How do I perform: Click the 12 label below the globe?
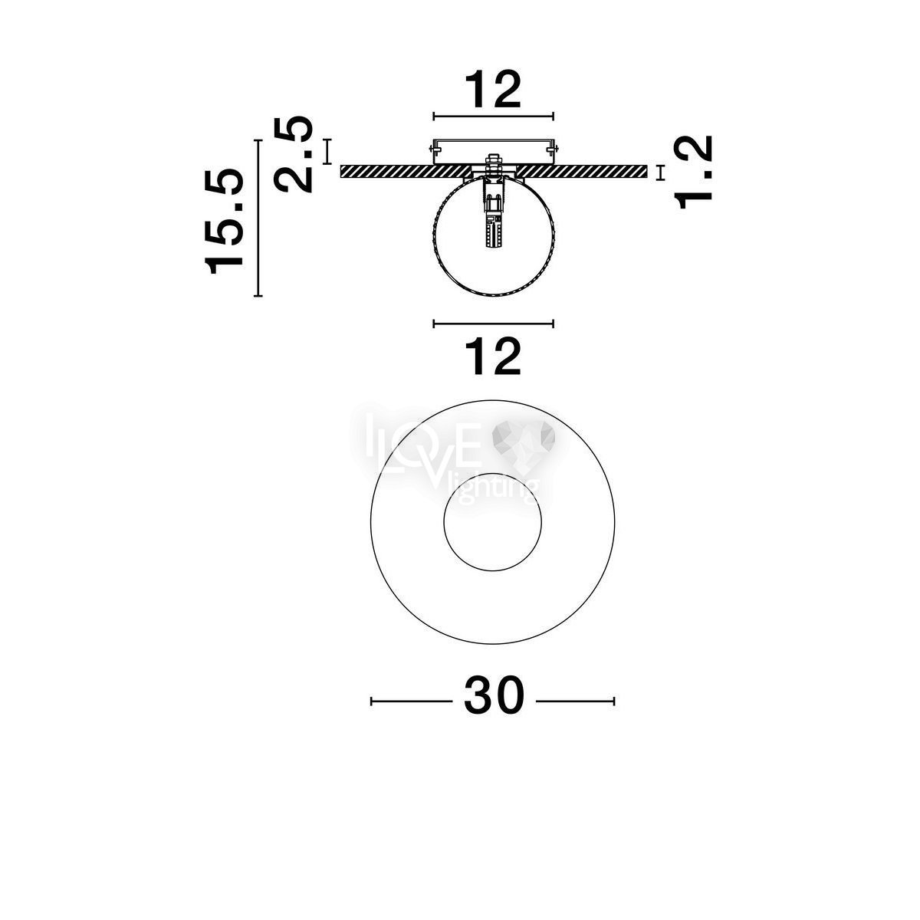(493, 356)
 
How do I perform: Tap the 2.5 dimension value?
(293, 154)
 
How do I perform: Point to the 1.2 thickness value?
(693, 172)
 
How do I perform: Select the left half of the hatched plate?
(406, 172)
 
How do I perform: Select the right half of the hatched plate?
(582, 172)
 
